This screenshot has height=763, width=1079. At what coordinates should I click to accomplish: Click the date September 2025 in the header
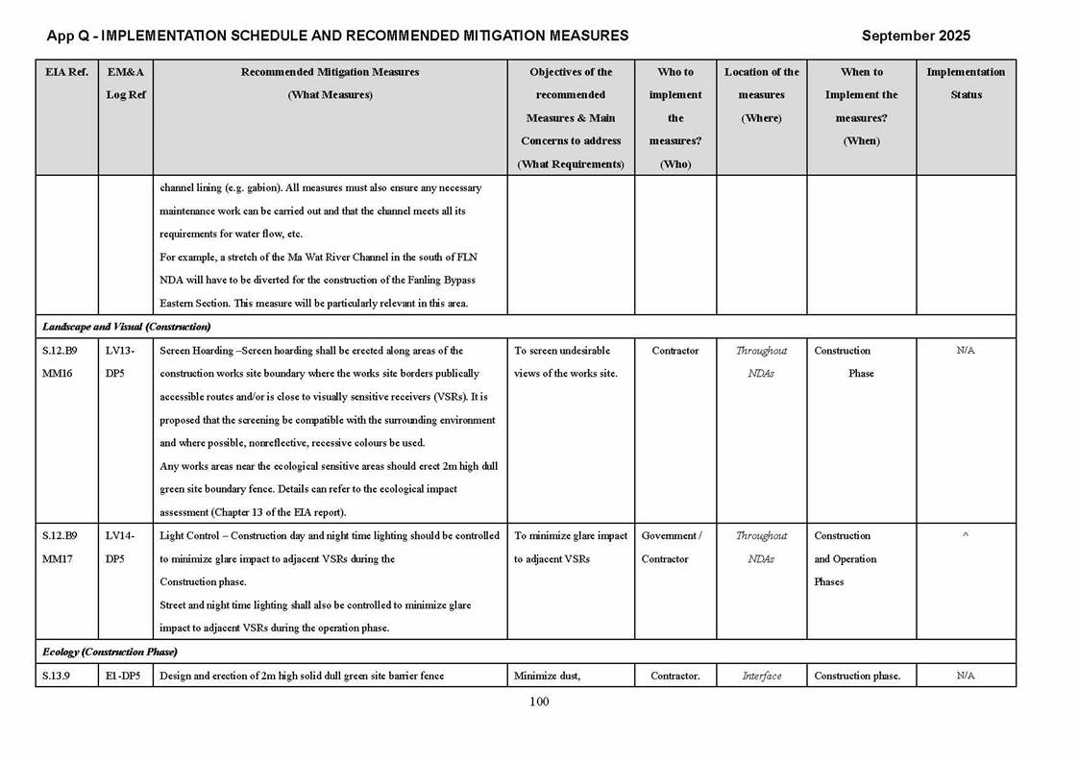point(915,36)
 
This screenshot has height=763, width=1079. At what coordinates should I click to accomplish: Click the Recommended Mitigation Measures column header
point(330,83)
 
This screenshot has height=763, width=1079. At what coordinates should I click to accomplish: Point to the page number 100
point(539,701)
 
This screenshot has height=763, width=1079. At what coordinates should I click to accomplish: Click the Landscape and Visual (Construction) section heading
point(126,327)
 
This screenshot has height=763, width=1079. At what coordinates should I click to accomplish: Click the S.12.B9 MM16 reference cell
point(60,362)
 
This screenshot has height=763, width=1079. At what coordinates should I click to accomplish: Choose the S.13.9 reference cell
point(57,676)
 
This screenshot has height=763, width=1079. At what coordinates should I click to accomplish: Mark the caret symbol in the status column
point(965,536)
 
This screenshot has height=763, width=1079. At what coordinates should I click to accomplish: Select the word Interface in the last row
point(761,676)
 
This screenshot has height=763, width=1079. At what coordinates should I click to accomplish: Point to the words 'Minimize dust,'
point(547,676)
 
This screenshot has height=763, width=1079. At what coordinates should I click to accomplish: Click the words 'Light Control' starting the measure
point(190,535)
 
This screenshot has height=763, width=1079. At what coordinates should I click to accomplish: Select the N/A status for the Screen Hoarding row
point(965,351)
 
